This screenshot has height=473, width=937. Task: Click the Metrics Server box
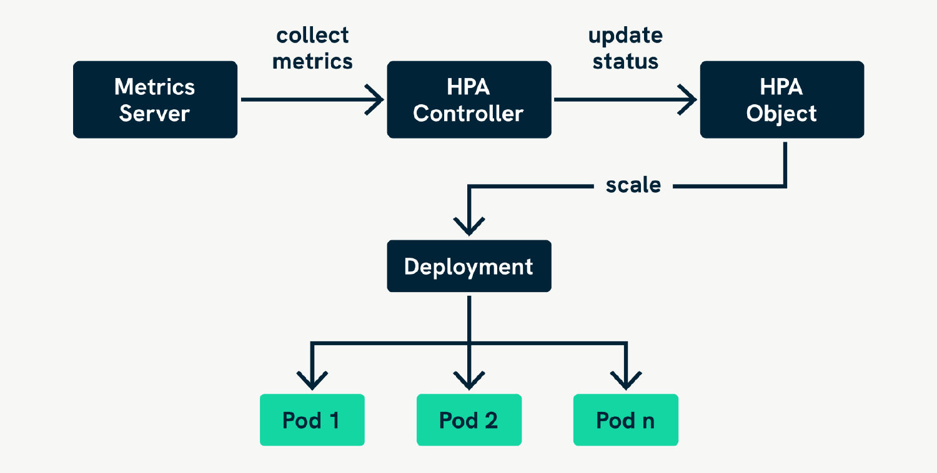pyautogui.click(x=155, y=99)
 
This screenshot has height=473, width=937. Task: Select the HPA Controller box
pyautogui.click(x=468, y=99)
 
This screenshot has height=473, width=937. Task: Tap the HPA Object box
pyautogui.click(x=781, y=99)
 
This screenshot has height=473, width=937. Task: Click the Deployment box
pyautogui.click(x=468, y=266)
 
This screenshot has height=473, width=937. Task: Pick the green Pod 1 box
pyautogui.click(x=312, y=420)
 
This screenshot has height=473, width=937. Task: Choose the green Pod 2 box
pyautogui.click(x=468, y=420)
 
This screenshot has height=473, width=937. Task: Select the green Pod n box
pyautogui.click(x=625, y=420)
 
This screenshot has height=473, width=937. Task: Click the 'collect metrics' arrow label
pyautogui.click(x=312, y=48)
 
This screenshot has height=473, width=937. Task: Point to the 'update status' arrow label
pyautogui.click(x=625, y=48)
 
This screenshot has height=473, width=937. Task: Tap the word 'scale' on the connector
pyautogui.click(x=633, y=185)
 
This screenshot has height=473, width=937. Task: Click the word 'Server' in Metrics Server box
pyautogui.click(x=155, y=114)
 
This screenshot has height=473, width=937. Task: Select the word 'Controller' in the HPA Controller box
pyautogui.click(x=468, y=114)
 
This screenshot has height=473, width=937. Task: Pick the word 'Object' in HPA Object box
pyautogui.click(x=781, y=114)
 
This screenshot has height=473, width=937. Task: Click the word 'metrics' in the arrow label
pyautogui.click(x=312, y=61)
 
